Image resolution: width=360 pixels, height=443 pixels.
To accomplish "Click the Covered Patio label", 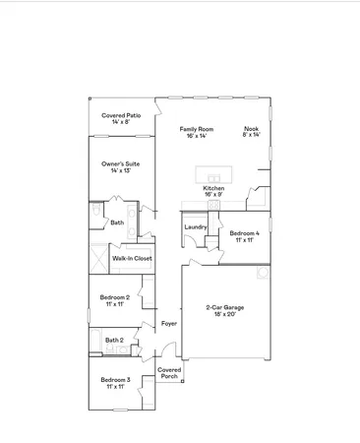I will click(x=120, y=115).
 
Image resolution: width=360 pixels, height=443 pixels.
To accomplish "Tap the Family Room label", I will click(x=196, y=129).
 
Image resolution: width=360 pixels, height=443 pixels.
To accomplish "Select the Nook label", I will click(x=252, y=129).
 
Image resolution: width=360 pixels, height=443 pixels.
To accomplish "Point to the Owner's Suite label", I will click(x=120, y=164).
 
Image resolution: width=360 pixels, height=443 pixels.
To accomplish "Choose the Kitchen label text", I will click(x=213, y=187).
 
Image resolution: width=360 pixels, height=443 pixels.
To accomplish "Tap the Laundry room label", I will click(x=195, y=227).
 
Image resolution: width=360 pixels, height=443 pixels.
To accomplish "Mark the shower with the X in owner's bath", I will click(x=97, y=258).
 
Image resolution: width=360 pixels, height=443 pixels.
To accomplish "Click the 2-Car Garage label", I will click(x=225, y=307).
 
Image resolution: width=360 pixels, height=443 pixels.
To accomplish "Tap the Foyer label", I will click(x=169, y=322).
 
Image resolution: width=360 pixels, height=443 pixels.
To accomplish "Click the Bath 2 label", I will click(x=114, y=340).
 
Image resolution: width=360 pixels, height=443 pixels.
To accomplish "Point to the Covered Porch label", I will click(x=169, y=372).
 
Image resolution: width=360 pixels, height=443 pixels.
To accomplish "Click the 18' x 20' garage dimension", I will click(x=225, y=314).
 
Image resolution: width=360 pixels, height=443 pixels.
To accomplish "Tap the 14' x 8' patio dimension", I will click(x=120, y=122).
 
